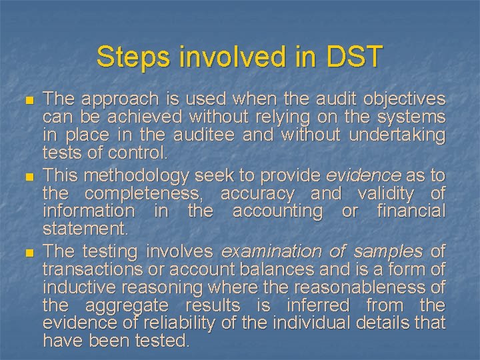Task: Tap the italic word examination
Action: pyautogui.click(x=267, y=251)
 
